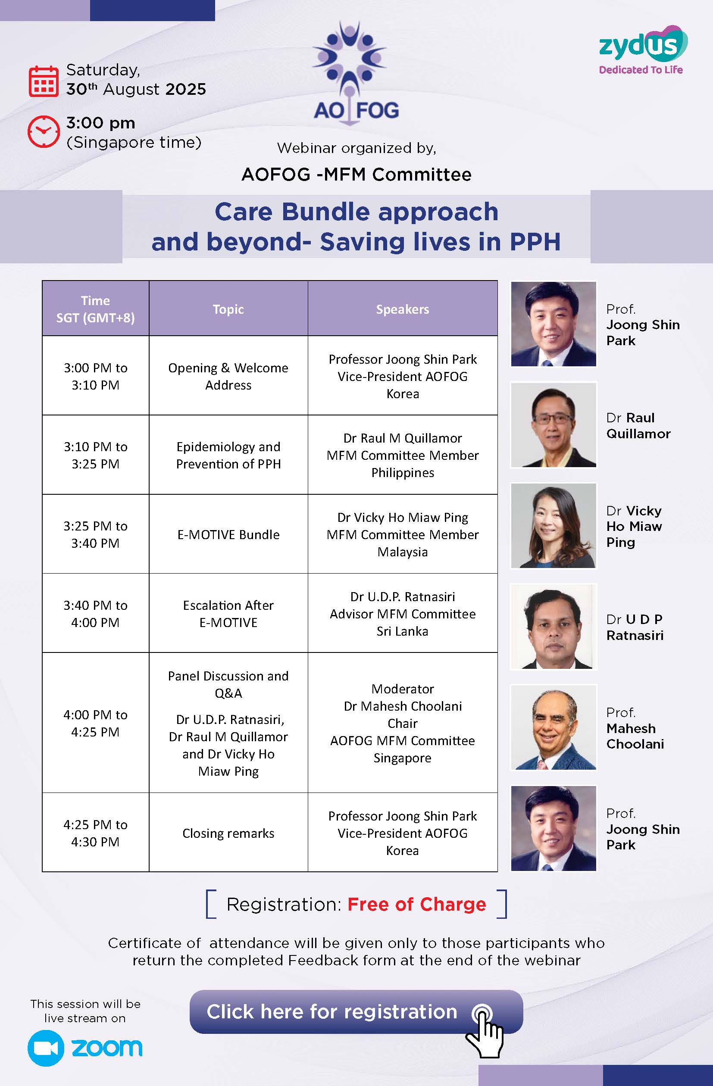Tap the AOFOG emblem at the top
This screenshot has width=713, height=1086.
pos(356,73)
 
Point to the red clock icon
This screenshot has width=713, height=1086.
pos(44,131)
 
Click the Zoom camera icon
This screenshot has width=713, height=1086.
pos(46,1048)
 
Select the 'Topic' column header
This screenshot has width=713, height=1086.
pos(228,309)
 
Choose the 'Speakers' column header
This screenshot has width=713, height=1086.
pos(403,309)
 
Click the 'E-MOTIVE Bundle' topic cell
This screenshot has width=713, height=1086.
pos(228,534)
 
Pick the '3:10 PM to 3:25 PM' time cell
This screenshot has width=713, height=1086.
pos(95,455)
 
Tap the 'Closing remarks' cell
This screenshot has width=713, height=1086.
pos(228,833)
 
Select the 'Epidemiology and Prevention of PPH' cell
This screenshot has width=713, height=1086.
pos(228,455)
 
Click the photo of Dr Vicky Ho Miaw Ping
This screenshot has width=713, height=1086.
pos(553,526)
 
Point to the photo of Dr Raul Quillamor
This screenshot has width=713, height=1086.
pos(553,425)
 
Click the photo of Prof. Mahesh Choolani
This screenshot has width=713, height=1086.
pos(553,727)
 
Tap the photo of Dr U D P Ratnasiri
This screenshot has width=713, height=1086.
pos(553,627)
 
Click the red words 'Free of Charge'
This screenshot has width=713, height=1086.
pos(417,904)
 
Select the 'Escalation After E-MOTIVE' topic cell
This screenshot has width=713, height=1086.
pos(228,613)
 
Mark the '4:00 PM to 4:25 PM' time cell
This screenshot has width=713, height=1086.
pos(95,723)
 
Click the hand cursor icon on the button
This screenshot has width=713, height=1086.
pos(485,1031)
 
